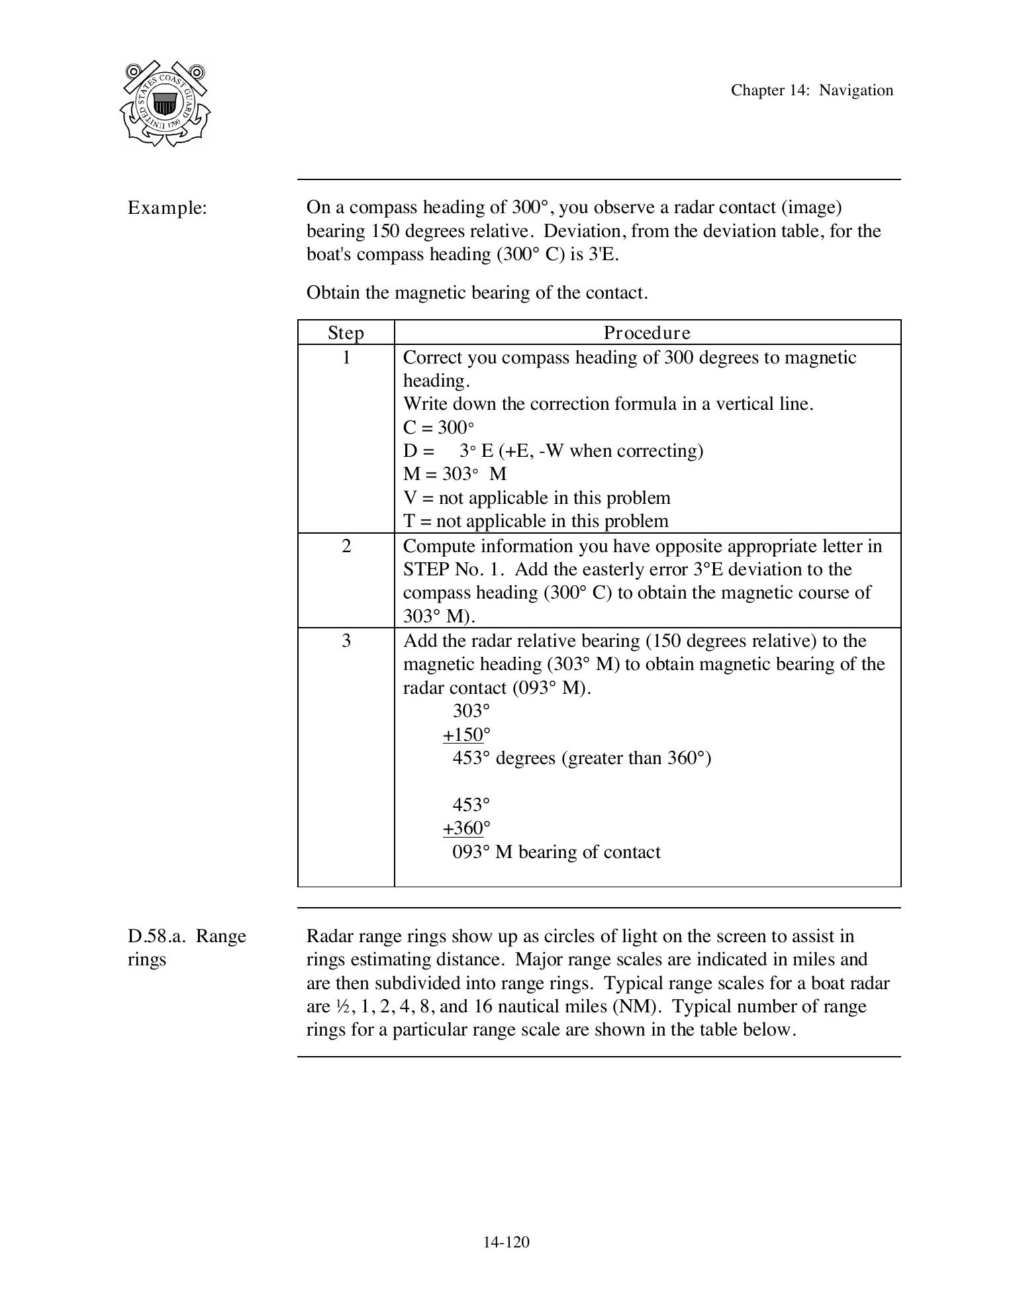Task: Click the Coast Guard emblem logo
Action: (165, 103)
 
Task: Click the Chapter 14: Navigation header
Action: (812, 91)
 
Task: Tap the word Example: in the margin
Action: (168, 208)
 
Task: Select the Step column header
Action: (346, 332)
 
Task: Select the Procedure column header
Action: (647, 332)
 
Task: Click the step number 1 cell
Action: (346, 358)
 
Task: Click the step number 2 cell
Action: (346, 547)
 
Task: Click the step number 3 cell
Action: (346, 641)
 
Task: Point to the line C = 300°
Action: (438, 427)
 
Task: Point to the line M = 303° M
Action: (455, 474)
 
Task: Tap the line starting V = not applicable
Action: (536, 498)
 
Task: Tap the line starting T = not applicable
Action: (536, 521)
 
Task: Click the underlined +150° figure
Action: (466, 735)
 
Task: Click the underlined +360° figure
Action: (466, 828)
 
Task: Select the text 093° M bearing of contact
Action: (556, 852)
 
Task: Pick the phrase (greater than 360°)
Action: (636, 758)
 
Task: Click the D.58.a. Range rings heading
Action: (187, 947)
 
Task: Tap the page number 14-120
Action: (506, 1242)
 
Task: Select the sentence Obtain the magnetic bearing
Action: (477, 293)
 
